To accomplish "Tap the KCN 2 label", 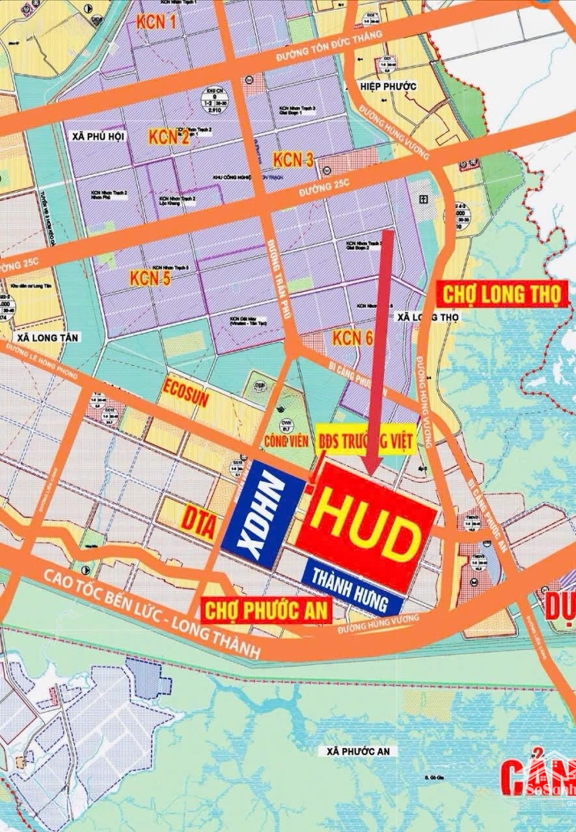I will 169,138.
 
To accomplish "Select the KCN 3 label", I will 293,160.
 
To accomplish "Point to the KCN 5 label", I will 150,278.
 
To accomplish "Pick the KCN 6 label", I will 352,337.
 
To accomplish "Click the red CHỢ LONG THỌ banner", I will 503,294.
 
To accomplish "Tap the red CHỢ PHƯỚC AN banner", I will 266,610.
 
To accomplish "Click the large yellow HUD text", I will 365,532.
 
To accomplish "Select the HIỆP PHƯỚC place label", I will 390,86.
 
